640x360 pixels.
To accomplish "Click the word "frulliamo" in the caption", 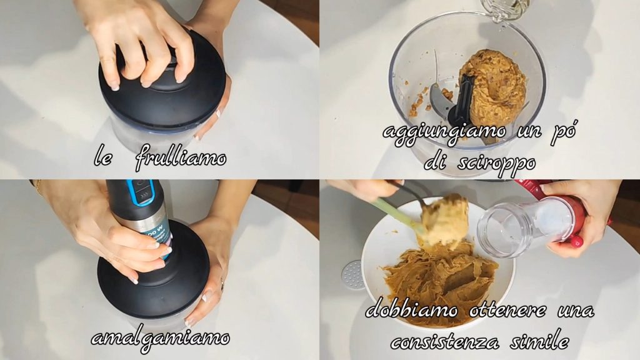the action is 181,157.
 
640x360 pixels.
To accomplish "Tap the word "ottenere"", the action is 507,310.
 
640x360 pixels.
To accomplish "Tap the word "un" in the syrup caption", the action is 531,131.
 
